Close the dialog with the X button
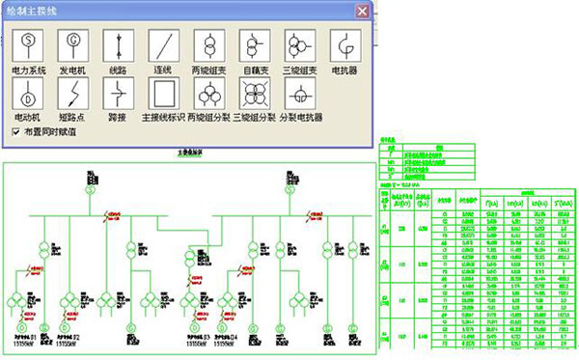(363, 11)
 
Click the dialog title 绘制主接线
(39, 11)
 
